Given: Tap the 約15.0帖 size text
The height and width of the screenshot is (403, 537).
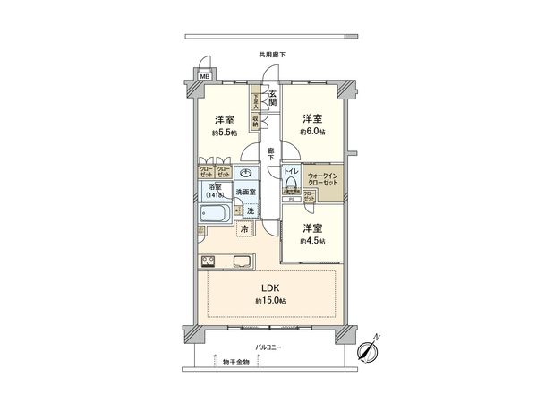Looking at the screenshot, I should pos(269,302).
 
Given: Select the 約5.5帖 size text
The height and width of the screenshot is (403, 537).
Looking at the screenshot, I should pos(225,133).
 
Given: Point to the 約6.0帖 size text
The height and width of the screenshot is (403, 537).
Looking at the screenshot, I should pos(312,132).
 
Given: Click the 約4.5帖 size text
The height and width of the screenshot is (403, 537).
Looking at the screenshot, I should pos(312,240).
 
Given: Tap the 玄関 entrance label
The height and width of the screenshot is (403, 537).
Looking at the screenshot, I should pos(272,98).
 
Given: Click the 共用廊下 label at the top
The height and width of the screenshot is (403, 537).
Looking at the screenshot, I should pos(272,55).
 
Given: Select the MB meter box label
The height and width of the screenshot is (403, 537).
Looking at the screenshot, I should pos(204,77).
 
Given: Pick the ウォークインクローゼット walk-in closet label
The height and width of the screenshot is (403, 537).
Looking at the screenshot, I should pos(322,178).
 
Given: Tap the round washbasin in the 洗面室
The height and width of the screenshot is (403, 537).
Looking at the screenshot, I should pos(248,173).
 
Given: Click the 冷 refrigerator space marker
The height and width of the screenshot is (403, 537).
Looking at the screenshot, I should pos(245,229).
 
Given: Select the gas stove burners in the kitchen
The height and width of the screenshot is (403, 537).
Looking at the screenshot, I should pos(209,262).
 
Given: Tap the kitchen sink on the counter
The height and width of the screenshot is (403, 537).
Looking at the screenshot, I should pos(243,262).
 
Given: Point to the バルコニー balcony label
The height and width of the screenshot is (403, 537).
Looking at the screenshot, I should pos(268,347).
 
